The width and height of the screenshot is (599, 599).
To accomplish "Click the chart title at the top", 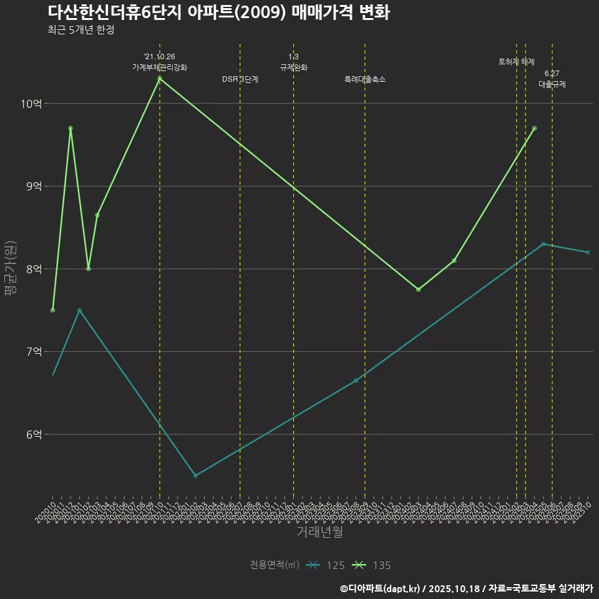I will tap(218, 12).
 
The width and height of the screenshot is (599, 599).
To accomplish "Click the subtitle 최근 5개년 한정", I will tap(80, 30).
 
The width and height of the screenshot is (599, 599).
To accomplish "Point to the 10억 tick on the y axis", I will tap(31, 104).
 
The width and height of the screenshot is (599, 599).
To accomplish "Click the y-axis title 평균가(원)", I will tap(11, 268).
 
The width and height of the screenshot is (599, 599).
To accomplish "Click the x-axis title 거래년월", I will tap(319, 532).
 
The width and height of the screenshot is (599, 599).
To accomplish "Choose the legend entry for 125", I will tap(328, 565).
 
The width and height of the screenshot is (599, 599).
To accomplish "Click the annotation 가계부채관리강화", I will tap(160, 67).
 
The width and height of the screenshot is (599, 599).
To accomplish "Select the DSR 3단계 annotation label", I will tap(240, 80).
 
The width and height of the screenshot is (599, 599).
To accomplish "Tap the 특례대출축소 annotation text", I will tap(365, 80).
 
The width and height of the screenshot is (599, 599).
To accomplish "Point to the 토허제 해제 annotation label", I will tap(517, 62).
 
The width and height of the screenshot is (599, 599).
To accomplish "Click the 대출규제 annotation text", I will tap(552, 84).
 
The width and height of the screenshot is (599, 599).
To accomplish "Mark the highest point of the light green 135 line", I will tap(160, 79).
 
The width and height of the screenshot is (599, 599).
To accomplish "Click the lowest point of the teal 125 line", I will tap(195, 475).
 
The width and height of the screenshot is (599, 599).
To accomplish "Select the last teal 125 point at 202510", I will tap(588, 252).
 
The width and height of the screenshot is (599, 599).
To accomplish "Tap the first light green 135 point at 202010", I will tap(53, 310).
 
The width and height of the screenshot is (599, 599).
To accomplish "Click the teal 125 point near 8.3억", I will tap(543, 244).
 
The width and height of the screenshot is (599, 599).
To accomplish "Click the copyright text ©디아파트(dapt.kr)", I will tap(381, 588).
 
